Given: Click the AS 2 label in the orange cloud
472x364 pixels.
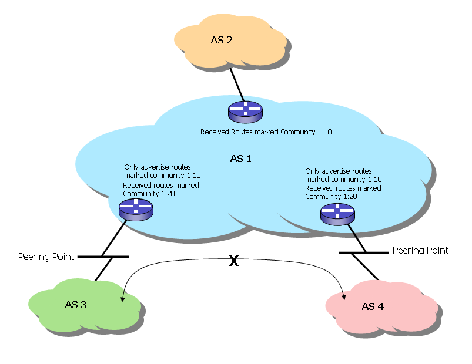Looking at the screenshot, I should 222,40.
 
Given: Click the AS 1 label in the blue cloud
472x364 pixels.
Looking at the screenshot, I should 240,159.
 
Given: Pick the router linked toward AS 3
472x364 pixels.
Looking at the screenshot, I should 135,209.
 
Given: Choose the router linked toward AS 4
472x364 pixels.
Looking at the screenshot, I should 337,214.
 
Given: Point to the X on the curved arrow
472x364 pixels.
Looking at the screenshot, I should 233,262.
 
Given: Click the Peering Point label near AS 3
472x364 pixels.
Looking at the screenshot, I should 46,257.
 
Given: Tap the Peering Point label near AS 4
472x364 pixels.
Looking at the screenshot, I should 420,250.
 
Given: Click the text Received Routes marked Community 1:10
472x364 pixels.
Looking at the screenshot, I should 266,132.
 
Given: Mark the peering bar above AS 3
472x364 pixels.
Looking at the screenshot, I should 103,257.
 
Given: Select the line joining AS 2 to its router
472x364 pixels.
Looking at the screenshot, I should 236,85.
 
